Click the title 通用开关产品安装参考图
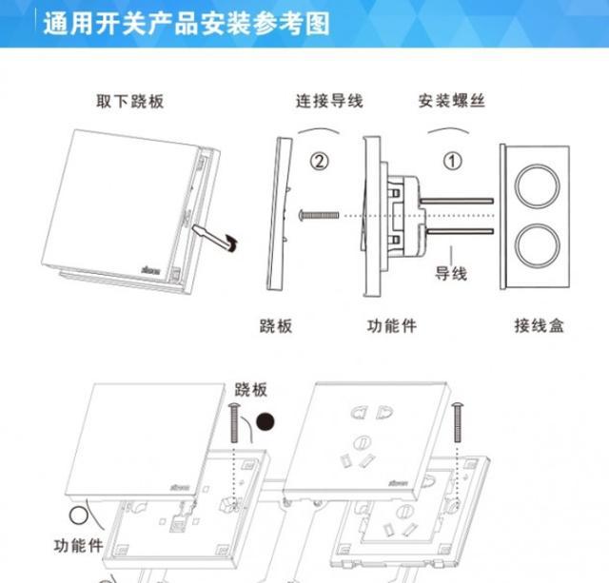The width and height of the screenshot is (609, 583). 186,23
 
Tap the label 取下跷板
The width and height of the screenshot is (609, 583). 129,101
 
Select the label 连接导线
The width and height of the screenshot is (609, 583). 327,101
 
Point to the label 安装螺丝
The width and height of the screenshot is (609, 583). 452,101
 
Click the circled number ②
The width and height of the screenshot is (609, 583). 321,161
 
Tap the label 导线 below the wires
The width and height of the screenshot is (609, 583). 451,273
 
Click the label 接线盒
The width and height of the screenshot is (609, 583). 540,325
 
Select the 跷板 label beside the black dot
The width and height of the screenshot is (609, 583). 251,390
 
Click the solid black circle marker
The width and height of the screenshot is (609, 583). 277,419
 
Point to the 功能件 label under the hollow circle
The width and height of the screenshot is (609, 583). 78,547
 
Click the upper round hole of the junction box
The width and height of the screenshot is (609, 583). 540,182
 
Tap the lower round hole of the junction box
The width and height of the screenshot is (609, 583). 540,243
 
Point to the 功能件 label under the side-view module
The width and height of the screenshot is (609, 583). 391,325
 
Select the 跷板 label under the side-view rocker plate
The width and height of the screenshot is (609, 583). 276,325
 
